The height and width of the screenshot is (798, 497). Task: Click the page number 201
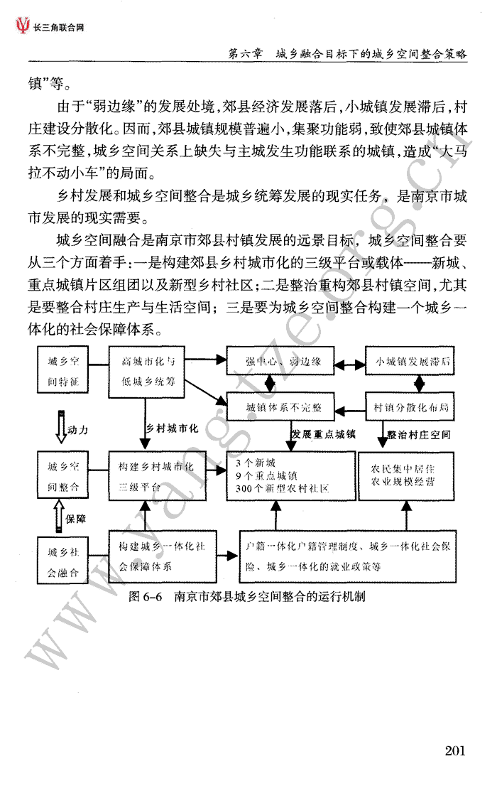coord(455,750)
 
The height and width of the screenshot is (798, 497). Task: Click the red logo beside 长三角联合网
coord(23,26)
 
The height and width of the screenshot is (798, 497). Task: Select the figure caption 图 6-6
coord(146,596)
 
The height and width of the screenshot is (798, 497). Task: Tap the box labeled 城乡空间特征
coord(63,370)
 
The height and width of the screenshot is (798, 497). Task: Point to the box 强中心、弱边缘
coord(280,362)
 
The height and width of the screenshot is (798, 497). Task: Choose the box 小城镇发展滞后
coord(410,362)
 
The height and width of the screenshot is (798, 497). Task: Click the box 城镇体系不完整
coord(280,406)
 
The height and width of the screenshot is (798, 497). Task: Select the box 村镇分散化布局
coord(410,406)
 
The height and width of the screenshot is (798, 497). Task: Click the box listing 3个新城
coord(290,476)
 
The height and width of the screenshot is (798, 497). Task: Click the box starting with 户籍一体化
coord(347,556)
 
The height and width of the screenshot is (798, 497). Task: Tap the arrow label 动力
coord(78,430)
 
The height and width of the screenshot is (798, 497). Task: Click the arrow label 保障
coord(76,519)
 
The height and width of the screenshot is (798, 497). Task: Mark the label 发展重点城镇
coord(323,434)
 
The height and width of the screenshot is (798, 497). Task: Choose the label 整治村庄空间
coord(419,435)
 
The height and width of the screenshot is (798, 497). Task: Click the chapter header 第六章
coord(245,53)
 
